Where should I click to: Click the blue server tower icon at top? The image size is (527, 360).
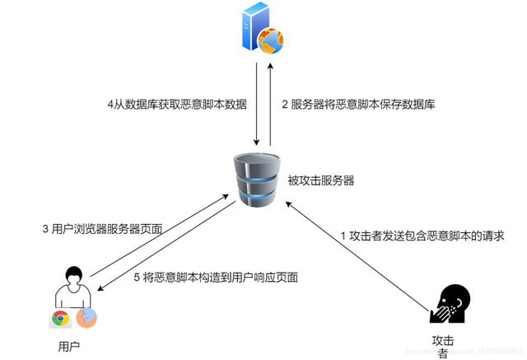tap(256, 26)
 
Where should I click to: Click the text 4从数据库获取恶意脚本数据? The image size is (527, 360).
tap(177, 105)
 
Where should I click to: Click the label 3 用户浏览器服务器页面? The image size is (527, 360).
tap(103, 228)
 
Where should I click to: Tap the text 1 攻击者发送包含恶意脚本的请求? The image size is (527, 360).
tap(422, 235)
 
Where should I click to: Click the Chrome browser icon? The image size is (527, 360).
tap(59, 319)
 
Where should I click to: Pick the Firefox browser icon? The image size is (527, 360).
tap(86, 318)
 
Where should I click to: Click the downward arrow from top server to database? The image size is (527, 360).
tap(256, 103)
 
